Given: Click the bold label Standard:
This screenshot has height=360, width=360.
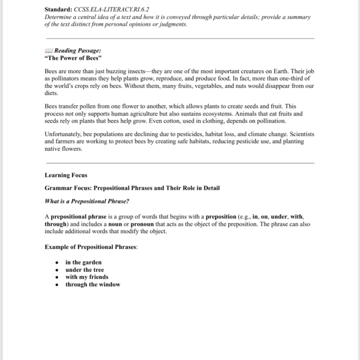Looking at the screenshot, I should tap(58, 10).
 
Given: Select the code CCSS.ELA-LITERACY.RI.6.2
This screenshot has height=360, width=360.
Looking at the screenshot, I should tap(111, 10).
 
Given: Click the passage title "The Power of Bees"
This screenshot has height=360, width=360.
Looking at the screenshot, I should tap(73, 58).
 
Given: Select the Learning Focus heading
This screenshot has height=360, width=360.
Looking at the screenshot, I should tap(66, 175).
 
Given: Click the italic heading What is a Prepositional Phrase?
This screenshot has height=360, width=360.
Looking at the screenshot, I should tap(87, 201).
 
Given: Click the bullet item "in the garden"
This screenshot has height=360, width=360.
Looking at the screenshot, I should tap(83, 262).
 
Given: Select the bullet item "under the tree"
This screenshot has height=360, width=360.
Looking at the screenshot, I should tap(85, 270).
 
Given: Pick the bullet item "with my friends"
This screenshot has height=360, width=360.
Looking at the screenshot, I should tap(87, 277).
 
